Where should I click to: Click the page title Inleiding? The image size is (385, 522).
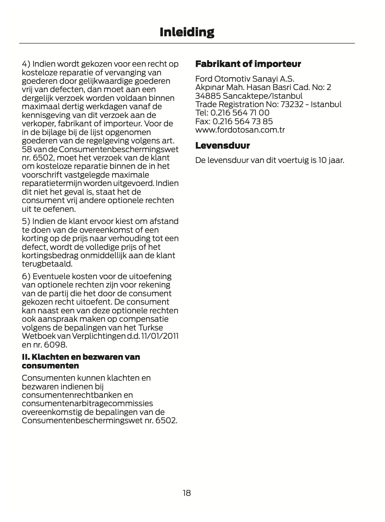click(187, 32)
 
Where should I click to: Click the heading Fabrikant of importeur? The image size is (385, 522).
click(248, 64)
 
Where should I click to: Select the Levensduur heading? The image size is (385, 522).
click(223, 146)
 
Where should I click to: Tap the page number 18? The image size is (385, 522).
click(187, 493)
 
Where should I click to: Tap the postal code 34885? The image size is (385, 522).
click(208, 96)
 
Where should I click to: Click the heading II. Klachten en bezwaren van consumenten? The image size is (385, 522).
click(81, 361)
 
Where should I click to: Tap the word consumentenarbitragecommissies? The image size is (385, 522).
click(87, 403)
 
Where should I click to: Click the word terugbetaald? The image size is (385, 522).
click(47, 264)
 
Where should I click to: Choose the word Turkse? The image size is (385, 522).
click(151, 328)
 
